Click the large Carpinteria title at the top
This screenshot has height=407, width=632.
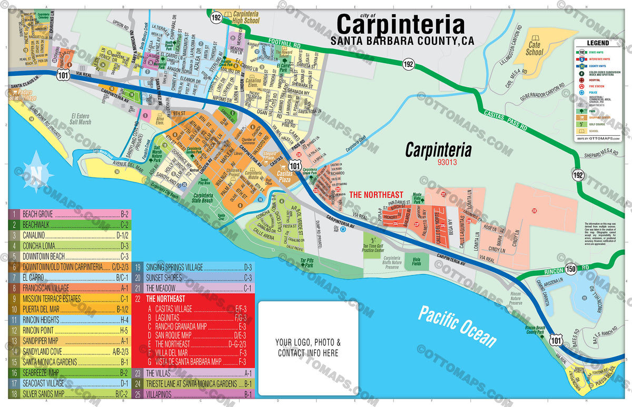pyautogui.click(x=400, y=25)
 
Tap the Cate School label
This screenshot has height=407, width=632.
pyautogui.click(x=534, y=49)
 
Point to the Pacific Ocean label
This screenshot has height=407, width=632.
pyautogui.click(x=457, y=326)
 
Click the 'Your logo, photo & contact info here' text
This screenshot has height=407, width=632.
pyautogui.click(x=308, y=348)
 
